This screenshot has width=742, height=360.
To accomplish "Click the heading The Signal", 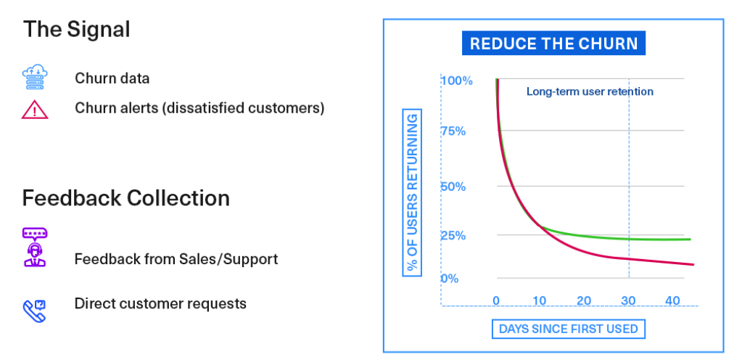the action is pyautogui.click(x=77, y=29).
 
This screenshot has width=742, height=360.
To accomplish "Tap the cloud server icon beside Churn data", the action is pyautogui.click(x=35, y=77).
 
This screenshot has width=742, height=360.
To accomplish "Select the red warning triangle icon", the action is pyautogui.click(x=35, y=110).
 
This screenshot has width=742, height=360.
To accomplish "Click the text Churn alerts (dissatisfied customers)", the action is pyautogui.click(x=199, y=108).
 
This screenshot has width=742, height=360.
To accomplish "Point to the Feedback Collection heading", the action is pyautogui.click(x=126, y=197).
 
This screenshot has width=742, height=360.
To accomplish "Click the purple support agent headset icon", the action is pyautogui.click(x=35, y=247).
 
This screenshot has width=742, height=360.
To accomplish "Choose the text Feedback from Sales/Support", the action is pyautogui.click(x=176, y=259).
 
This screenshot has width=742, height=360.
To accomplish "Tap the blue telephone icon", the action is pyautogui.click(x=35, y=311).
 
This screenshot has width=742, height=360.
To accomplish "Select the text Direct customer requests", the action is pyautogui.click(x=160, y=303).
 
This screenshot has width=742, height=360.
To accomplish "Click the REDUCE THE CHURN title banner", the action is pyautogui.click(x=553, y=44).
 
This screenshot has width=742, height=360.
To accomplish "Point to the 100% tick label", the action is pyautogui.click(x=457, y=81).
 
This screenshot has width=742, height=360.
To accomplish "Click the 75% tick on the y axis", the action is pyautogui.click(x=454, y=131).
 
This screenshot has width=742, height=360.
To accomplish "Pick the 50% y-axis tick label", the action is pyautogui.click(x=454, y=187).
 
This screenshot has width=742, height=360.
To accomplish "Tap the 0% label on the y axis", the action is pyautogui.click(x=450, y=279).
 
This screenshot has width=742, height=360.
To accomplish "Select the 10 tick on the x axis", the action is pyautogui.click(x=540, y=300).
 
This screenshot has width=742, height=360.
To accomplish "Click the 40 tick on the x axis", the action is pyautogui.click(x=672, y=300).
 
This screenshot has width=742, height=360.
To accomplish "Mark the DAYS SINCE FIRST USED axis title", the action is pyautogui.click(x=569, y=329).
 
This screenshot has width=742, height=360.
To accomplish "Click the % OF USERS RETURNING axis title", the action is pyautogui.click(x=413, y=192).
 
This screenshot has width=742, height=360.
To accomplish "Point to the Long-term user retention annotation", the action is pyautogui.click(x=590, y=91).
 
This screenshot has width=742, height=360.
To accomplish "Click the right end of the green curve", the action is pyautogui.click(x=691, y=240).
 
